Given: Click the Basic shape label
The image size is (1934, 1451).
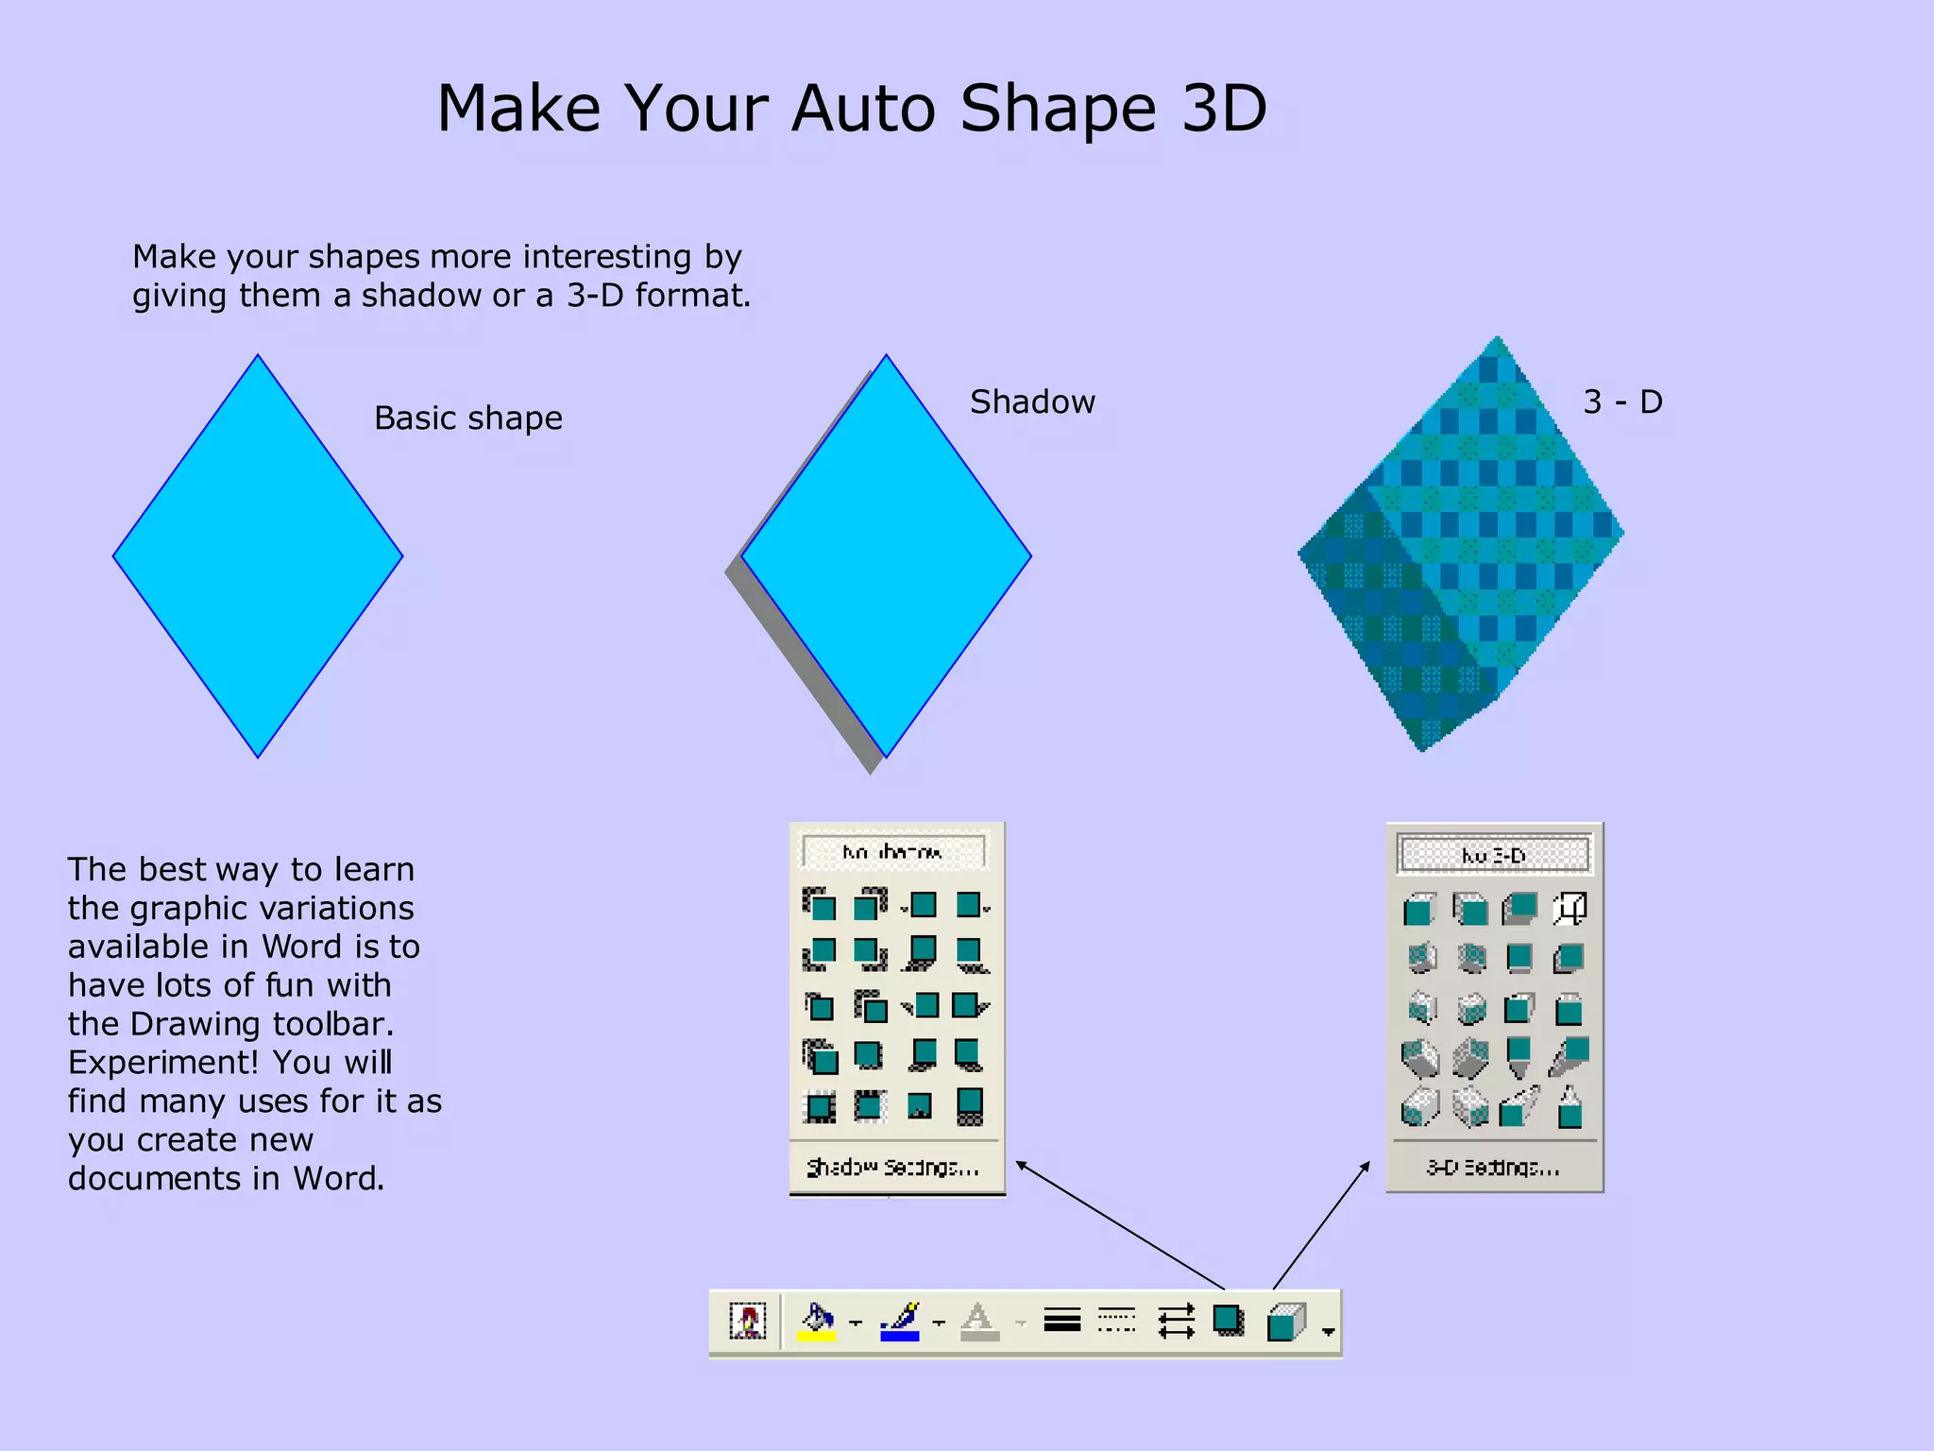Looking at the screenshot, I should (467, 418).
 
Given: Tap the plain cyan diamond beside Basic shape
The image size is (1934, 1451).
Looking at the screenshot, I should (258, 556).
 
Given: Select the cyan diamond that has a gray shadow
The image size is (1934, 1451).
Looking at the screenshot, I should (886, 556).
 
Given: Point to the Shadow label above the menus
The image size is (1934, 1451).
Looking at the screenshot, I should (1032, 401).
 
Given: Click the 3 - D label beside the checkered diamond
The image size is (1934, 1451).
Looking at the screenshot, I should (1622, 401).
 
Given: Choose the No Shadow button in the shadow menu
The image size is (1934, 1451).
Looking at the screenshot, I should (893, 852).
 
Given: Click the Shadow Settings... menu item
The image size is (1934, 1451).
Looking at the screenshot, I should (893, 1168).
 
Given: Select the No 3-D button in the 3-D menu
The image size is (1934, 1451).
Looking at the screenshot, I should (1493, 855).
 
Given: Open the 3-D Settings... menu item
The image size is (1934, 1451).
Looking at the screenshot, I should (1493, 1168).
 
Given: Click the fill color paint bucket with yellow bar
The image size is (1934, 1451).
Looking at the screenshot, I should (817, 1321).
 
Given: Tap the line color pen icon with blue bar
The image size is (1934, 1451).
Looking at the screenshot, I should (900, 1321).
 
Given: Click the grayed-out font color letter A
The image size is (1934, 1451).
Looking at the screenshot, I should (979, 1321).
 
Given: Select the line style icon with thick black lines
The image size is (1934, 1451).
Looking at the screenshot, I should (1062, 1321).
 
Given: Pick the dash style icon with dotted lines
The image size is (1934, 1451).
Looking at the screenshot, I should (1117, 1321).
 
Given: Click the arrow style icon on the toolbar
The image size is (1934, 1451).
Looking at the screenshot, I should (1176, 1321).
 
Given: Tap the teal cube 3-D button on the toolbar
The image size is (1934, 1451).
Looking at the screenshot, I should (1286, 1322).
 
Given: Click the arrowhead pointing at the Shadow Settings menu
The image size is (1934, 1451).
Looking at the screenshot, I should (1021, 1164).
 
